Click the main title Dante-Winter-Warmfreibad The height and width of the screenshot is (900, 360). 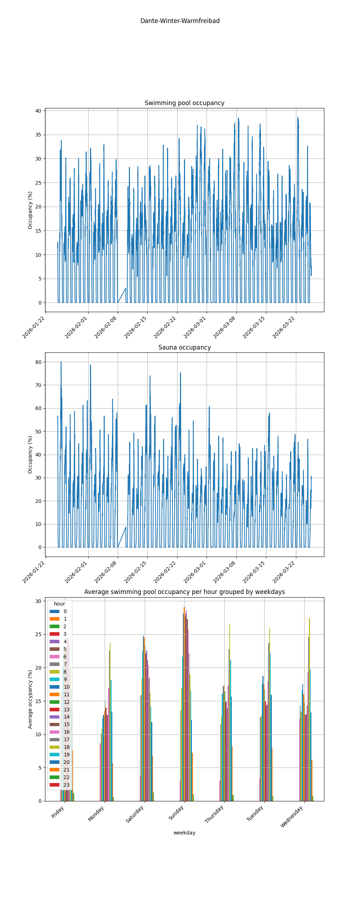180,21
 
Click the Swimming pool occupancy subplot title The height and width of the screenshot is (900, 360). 184,103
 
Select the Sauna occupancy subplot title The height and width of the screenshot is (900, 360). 184,347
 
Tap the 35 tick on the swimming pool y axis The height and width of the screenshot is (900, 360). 38,135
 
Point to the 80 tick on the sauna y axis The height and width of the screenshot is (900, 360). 38,362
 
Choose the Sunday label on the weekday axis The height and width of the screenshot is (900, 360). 177,813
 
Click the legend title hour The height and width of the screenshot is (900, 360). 59,604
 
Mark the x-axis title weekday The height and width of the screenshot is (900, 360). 184,833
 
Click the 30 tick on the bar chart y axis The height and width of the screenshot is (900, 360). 38,601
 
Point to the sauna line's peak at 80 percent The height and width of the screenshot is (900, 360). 61,362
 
